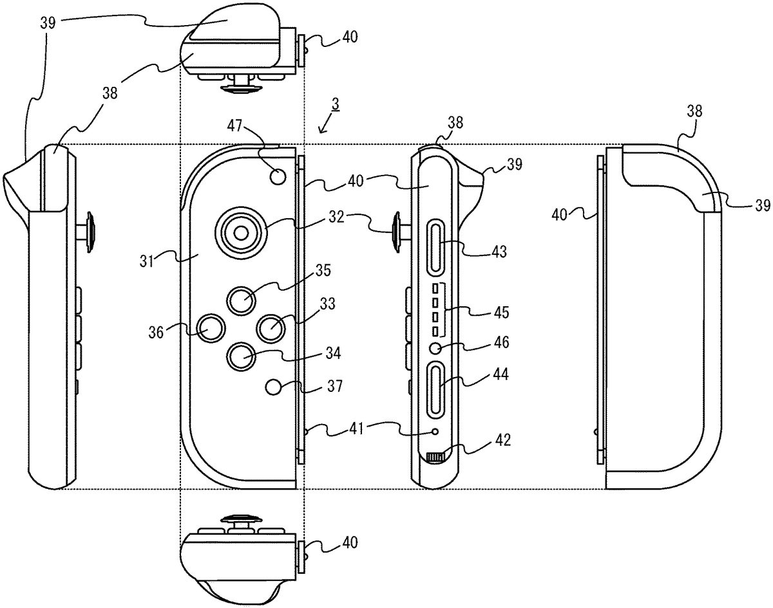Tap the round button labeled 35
[x=243, y=299]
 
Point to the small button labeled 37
[x=275, y=387]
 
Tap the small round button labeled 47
[x=278, y=175]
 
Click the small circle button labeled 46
[x=436, y=347]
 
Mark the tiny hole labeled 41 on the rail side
[x=436, y=431]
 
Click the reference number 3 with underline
[x=335, y=103]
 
